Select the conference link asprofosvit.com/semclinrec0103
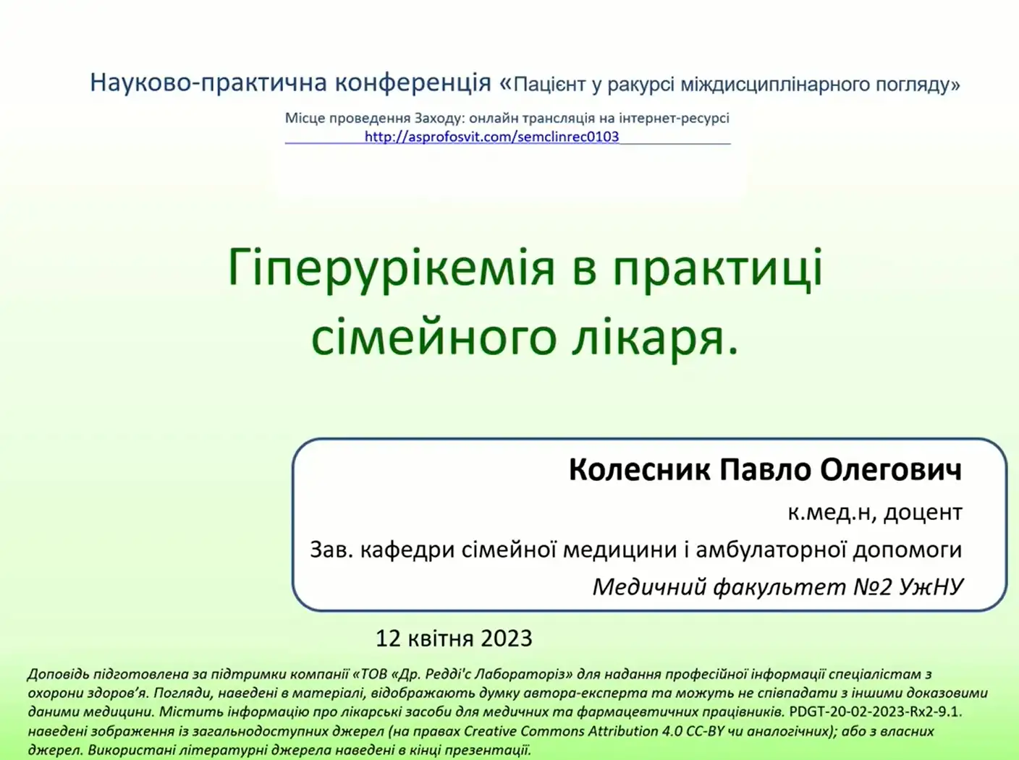491,137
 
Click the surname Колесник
640,470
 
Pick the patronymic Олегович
891,471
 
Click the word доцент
923,513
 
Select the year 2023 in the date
507,639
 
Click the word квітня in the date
441,639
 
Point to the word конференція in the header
413,83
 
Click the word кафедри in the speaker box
407,551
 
